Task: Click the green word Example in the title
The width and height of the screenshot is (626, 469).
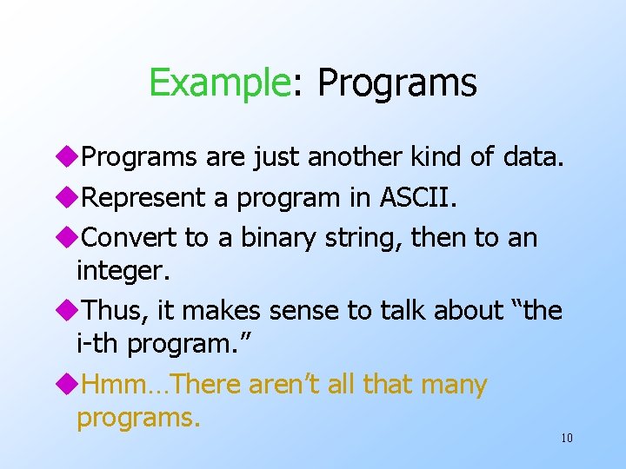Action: point(218,83)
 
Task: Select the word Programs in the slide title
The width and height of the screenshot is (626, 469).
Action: point(396,83)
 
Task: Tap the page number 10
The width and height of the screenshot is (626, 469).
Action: point(566,438)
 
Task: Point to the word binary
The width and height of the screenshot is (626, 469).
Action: point(265,237)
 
